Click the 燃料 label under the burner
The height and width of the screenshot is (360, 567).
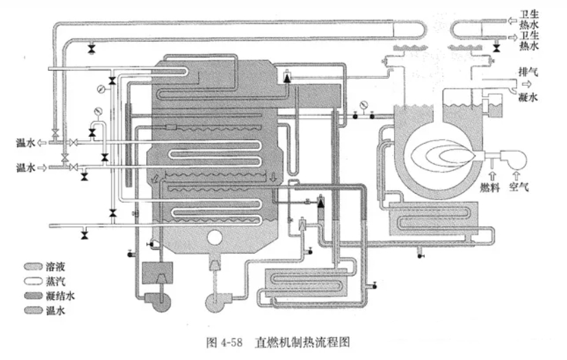(x=489, y=187)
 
